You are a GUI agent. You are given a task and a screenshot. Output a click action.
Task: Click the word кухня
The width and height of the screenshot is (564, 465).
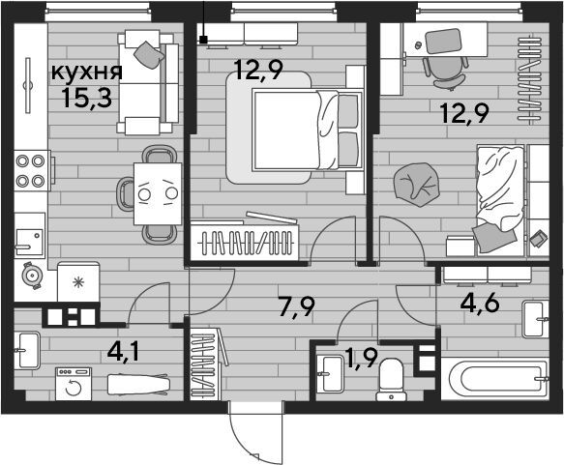point(87,73)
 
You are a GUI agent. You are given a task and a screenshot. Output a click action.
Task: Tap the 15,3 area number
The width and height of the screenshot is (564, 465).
point(87,97)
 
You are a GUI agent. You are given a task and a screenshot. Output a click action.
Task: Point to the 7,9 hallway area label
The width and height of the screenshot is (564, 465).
point(297,307)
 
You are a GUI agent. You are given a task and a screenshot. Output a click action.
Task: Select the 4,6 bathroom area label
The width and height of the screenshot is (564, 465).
point(480,304)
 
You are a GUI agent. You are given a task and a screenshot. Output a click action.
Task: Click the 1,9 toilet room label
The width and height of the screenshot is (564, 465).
point(361,359)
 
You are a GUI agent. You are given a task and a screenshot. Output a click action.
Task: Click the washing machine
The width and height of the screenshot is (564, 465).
point(74,384)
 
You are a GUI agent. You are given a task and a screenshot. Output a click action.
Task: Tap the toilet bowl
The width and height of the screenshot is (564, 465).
point(392,380)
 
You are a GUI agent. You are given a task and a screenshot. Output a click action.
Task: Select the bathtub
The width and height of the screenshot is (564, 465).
point(495,379)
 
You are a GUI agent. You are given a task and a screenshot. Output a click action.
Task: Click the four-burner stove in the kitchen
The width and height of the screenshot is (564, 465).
point(32,170)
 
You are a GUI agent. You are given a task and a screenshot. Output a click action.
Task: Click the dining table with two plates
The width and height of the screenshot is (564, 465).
point(158,194)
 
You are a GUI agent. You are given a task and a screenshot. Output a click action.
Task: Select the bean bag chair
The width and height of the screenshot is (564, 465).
point(417,185)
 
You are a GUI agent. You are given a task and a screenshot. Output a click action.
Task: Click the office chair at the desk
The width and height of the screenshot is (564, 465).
point(446,73)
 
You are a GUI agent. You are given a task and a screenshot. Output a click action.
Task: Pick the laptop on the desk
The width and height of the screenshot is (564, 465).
point(443,41)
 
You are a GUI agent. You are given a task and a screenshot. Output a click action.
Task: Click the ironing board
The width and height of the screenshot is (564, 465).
point(138,385)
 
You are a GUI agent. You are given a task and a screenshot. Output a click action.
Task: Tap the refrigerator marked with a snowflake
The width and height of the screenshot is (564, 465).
point(78,282)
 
